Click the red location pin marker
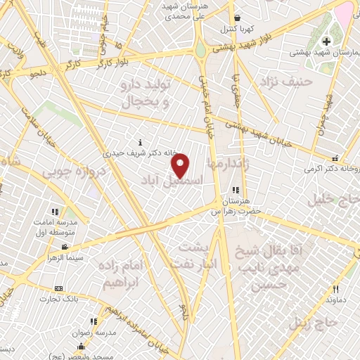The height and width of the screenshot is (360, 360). (x=181, y=165)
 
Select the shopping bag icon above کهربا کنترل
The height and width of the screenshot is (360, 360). (x=238, y=18)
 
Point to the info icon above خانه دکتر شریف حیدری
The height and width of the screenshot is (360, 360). (x=141, y=142)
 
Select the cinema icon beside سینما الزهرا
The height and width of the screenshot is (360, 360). (x=65, y=247)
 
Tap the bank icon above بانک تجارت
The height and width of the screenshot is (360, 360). (x=58, y=288)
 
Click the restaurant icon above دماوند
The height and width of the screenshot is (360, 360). (x=335, y=289)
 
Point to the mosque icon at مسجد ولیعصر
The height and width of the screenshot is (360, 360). (x=82, y=346)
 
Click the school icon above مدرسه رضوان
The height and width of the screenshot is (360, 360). (x=93, y=321)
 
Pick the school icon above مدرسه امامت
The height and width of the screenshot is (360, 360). (x=55, y=212)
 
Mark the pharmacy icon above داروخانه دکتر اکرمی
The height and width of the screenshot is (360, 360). (x=335, y=159)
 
